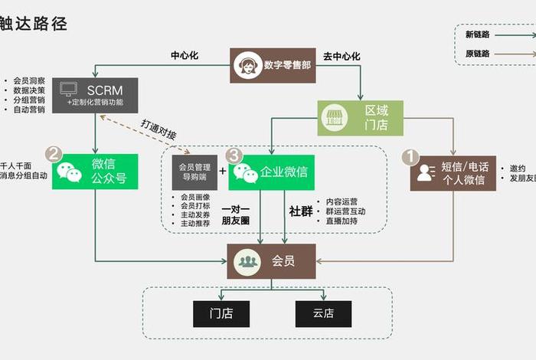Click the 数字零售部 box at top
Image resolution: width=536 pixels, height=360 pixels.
(273, 65)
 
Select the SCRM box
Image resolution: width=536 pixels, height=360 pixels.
(96, 96)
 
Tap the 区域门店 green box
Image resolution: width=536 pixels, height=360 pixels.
(359, 118)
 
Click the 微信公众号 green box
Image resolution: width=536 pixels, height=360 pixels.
(95, 172)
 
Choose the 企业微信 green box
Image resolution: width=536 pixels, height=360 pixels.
(271, 172)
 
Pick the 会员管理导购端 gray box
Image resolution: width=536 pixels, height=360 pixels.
(194, 172)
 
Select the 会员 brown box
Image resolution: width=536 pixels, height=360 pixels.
(271, 261)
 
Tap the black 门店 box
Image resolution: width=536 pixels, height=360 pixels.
(221, 314)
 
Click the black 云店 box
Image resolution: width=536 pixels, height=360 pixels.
(323, 314)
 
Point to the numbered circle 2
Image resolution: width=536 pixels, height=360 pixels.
(54, 154)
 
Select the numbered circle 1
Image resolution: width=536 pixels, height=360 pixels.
(411, 156)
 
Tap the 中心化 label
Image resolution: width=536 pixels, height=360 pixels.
(185, 56)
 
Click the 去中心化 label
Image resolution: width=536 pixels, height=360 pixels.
(342, 56)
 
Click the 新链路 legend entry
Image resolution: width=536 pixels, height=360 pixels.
(479, 34)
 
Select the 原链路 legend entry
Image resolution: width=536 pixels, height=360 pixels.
(479, 54)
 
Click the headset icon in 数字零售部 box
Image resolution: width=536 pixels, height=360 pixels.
(247, 65)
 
